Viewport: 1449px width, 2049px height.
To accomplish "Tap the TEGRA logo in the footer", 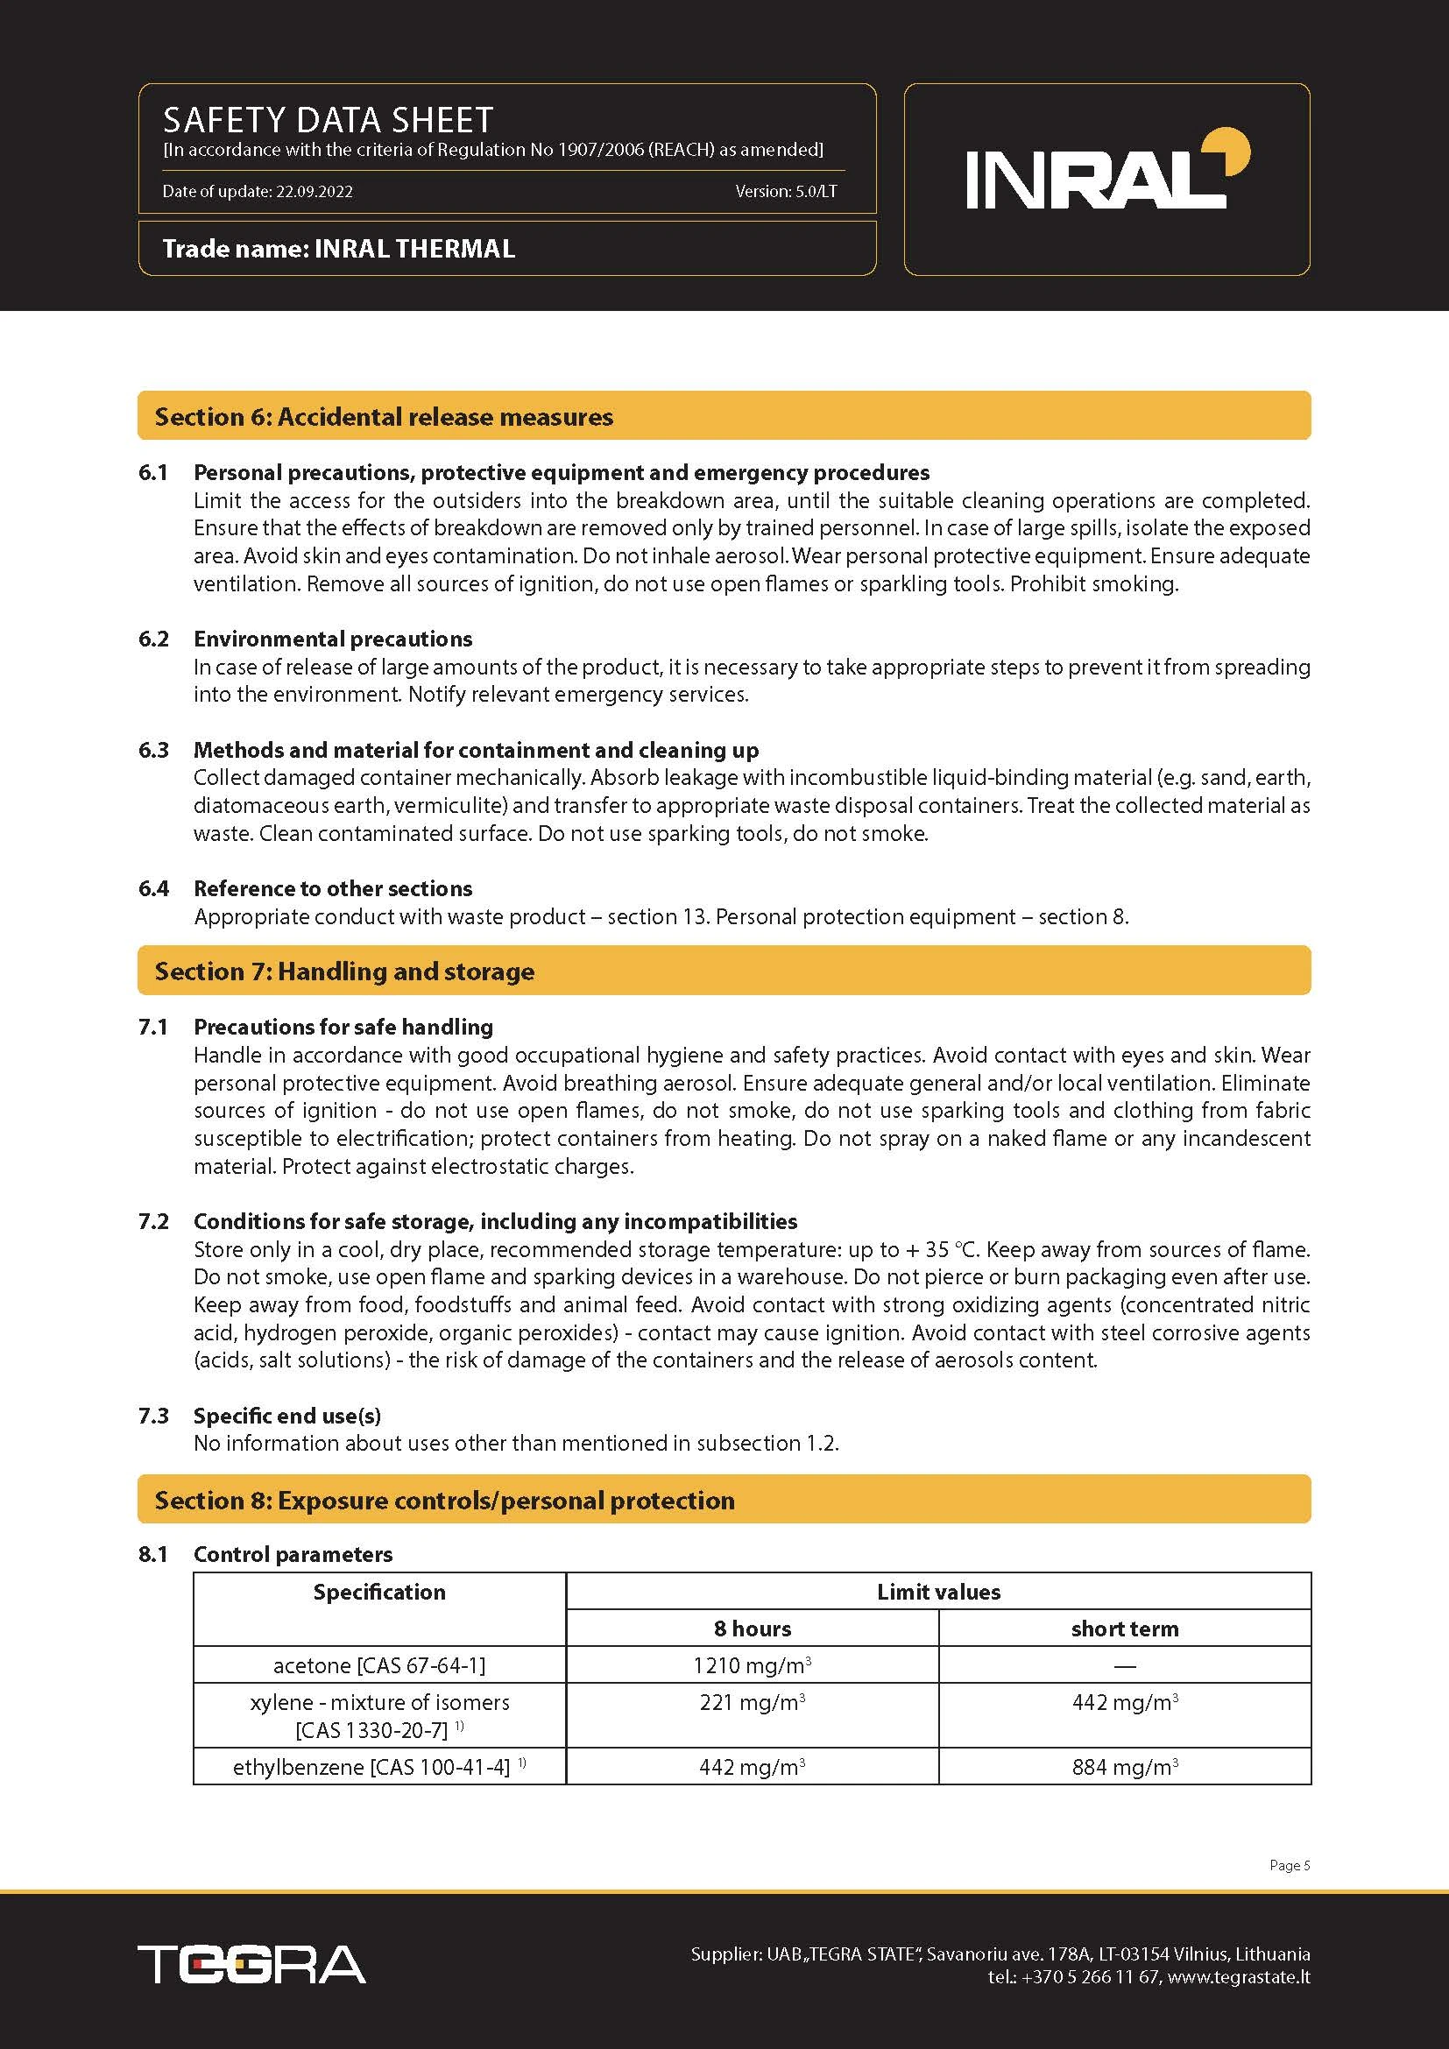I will coord(251,1964).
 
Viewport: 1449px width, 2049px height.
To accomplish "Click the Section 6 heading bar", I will coord(724,416).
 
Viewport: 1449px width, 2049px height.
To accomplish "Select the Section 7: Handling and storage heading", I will coord(344,971).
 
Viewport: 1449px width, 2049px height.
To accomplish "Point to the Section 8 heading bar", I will coord(724,1500).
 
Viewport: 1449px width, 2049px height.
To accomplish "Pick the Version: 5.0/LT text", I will coord(786,191).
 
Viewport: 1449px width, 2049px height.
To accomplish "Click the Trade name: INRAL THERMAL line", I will coord(339,248).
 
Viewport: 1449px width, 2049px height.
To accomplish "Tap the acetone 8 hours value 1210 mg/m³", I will coord(753,1665).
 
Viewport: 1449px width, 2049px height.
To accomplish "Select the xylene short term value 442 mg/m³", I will coord(1125,1703).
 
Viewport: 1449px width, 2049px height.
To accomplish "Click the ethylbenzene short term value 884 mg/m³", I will coord(1125,1767).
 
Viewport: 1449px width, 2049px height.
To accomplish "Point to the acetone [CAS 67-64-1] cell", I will coord(379,1665).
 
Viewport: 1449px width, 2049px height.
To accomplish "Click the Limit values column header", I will coord(938,1592).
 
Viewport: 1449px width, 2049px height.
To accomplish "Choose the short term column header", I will coord(1125,1629).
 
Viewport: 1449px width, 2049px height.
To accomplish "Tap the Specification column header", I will coord(379,1592).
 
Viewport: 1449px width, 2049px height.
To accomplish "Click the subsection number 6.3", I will coord(153,750).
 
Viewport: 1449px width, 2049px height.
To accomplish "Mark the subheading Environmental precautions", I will coord(333,639).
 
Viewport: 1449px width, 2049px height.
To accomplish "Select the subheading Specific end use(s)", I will coord(287,1416).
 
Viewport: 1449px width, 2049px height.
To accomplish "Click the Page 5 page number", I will coord(1290,1865).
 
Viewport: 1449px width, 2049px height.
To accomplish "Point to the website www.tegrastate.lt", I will coord(1239,1976).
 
